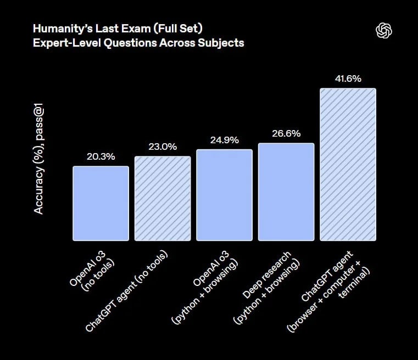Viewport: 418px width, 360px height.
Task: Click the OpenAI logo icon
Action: click(384, 31)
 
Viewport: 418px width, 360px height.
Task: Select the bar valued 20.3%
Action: click(101, 203)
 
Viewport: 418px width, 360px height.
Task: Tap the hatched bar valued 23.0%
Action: click(163, 198)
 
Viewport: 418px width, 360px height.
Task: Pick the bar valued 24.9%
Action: click(224, 195)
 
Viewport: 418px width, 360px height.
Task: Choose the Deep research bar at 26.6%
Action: click(286, 192)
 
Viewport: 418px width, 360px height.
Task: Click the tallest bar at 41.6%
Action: click(348, 164)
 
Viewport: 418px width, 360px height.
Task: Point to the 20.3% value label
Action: click(101, 156)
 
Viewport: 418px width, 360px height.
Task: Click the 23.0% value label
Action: click(163, 147)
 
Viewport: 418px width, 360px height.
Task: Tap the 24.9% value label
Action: click(224, 140)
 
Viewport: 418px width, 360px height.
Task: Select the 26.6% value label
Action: click(286, 133)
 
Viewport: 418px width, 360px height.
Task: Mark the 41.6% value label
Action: click(348, 78)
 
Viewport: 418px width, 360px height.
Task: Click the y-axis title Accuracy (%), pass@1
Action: click(39, 160)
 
